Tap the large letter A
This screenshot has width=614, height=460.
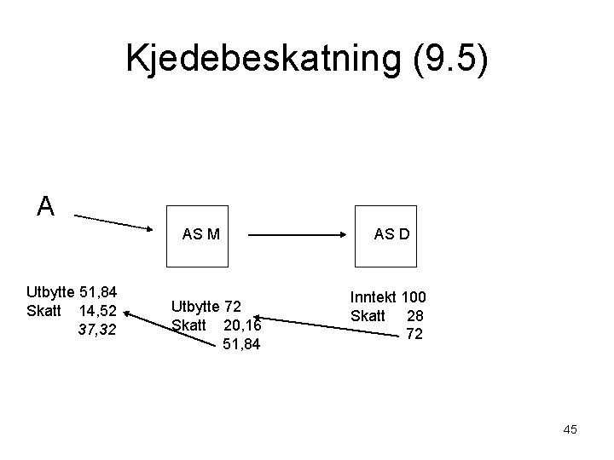tap(46, 205)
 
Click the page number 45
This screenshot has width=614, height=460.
tap(570, 429)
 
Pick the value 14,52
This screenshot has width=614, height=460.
tap(98, 311)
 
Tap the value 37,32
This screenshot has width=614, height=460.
tap(98, 328)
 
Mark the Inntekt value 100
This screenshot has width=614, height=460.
tap(414, 297)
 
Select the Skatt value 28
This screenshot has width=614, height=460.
tap(414, 315)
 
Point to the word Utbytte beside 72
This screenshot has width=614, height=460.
tap(196, 306)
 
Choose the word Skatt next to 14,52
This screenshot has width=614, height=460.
tap(43, 311)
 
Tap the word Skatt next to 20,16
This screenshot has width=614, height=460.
tap(189, 325)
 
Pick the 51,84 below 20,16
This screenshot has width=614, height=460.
tap(241, 343)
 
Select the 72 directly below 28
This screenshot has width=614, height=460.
tap(414, 333)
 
